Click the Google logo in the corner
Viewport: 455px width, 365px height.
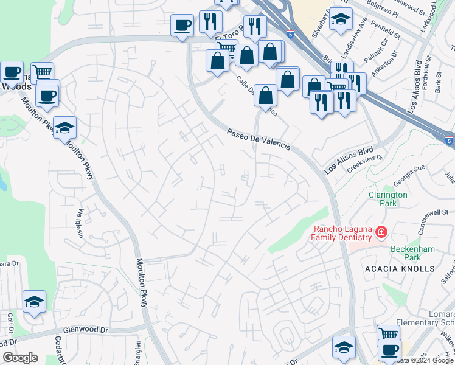point(21,358)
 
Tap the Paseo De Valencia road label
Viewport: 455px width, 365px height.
point(259,139)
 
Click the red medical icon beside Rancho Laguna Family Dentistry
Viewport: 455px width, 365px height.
point(381,232)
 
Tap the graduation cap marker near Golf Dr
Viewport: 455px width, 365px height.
point(35,302)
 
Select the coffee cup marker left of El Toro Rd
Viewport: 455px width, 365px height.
point(182,26)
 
